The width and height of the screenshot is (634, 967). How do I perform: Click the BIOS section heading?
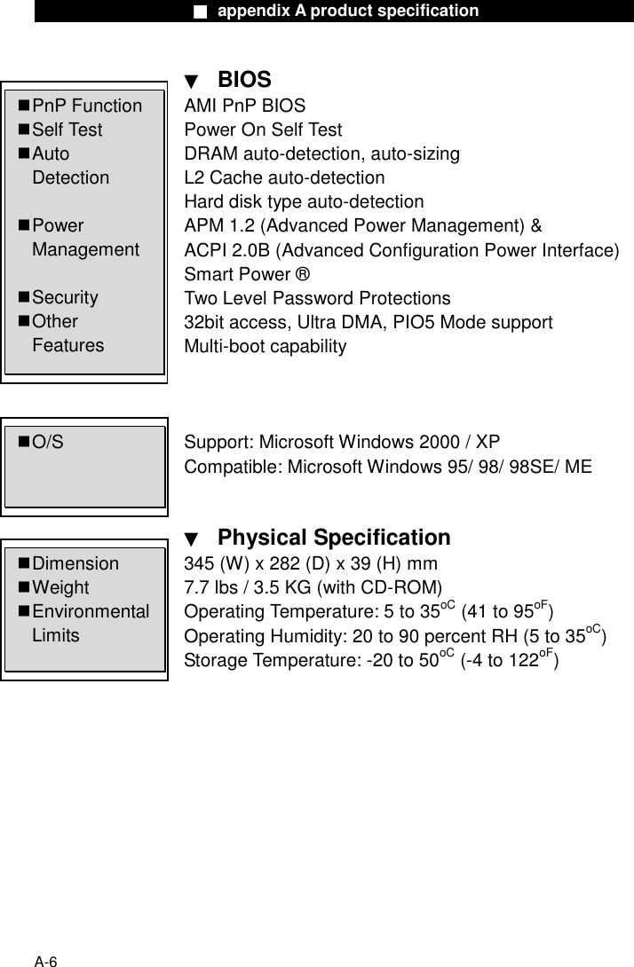(244, 80)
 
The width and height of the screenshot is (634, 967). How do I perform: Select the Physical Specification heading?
(333, 538)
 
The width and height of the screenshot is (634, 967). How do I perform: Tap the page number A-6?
(46, 961)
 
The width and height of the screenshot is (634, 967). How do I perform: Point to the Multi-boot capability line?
(265, 346)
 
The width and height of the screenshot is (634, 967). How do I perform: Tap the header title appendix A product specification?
(347, 12)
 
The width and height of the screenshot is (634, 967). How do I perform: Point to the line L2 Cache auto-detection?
(284, 177)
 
